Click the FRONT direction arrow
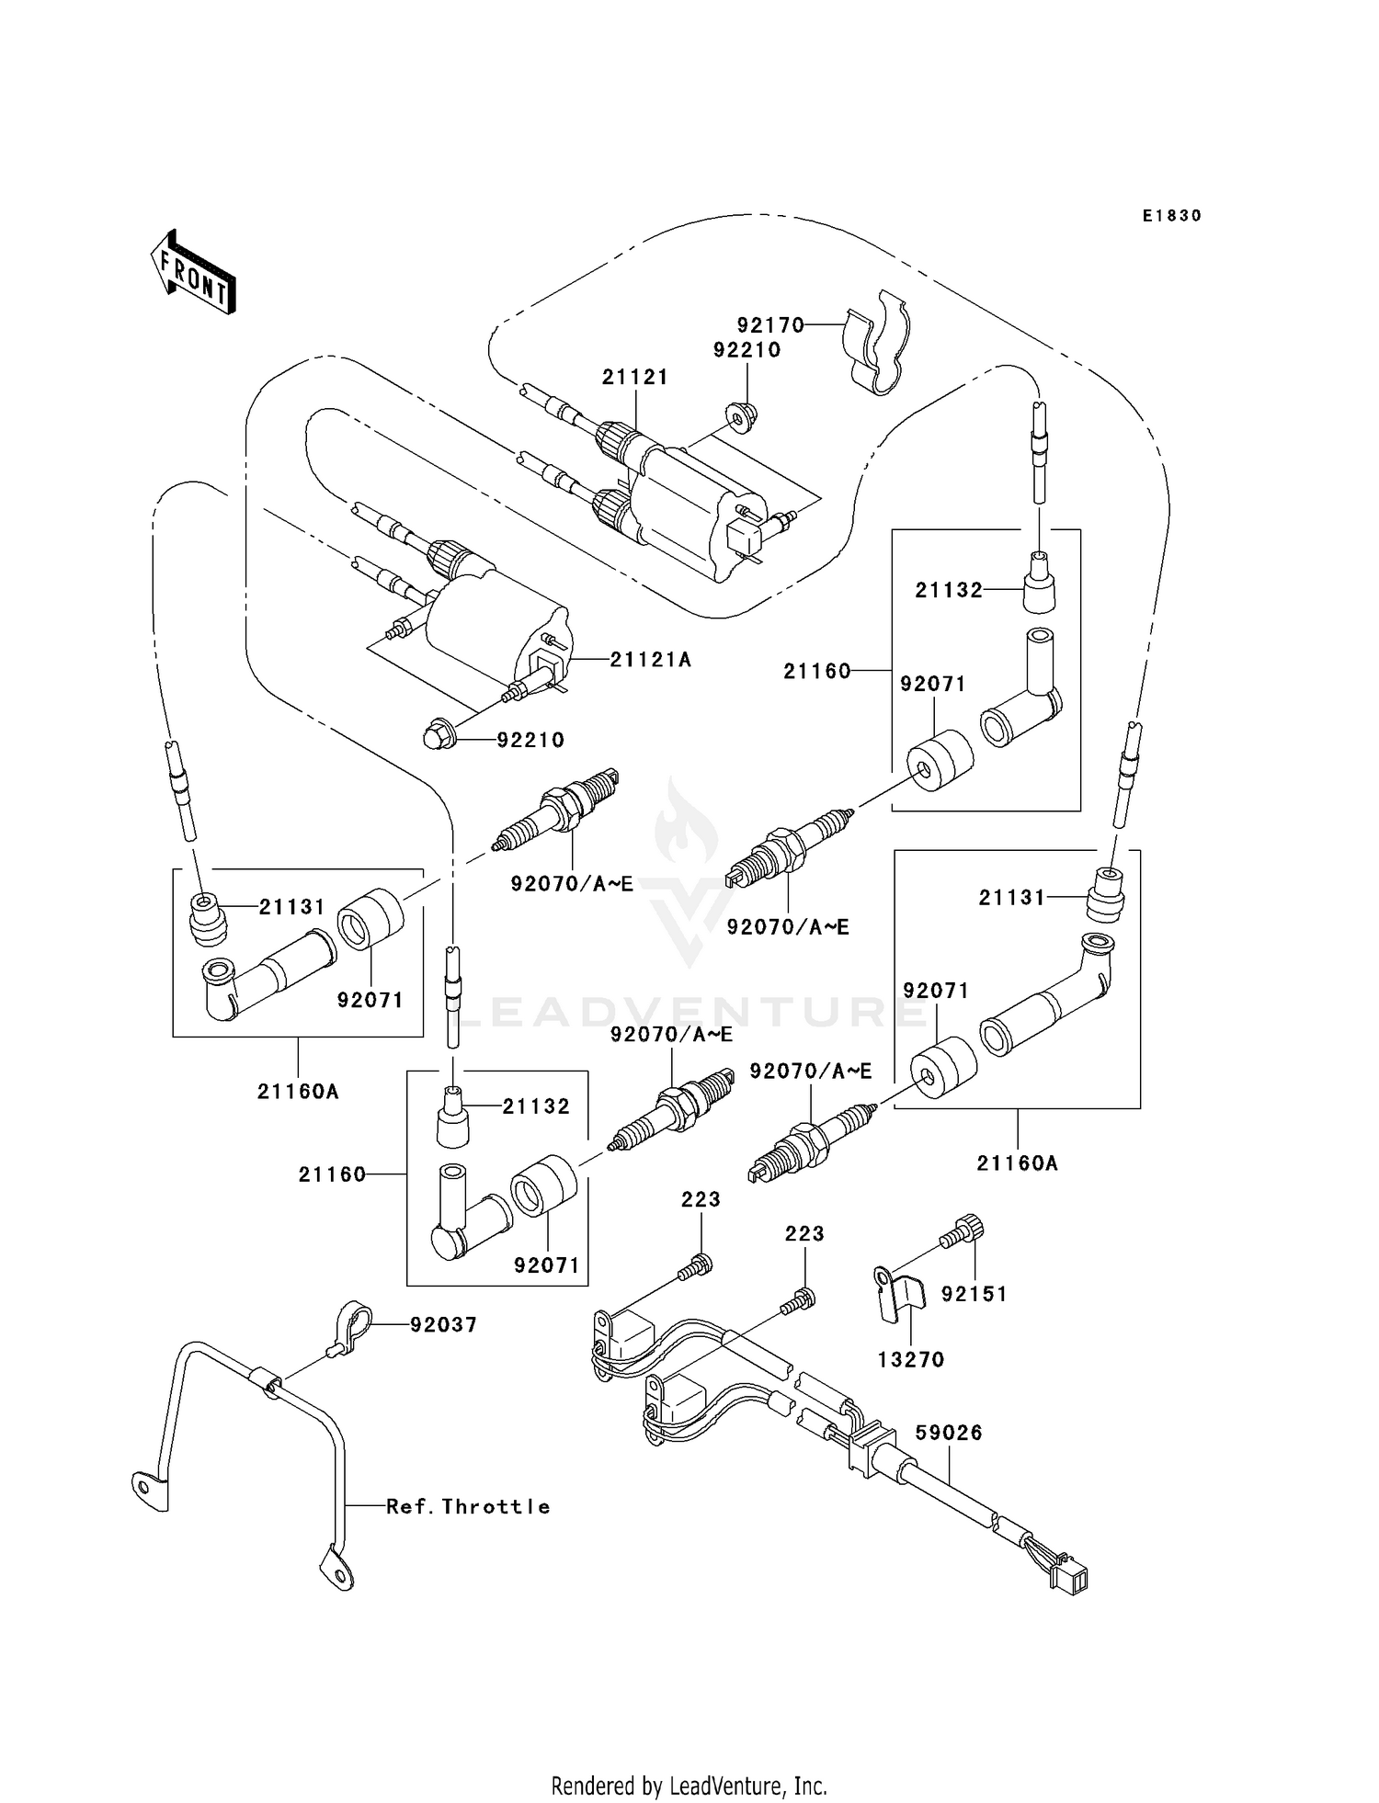tap(193, 274)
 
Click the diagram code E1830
tap(1172, 216)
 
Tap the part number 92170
tap(770, 325)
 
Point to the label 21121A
tap(651, 660)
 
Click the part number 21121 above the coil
tap(635, 377)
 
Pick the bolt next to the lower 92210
tap(435, 736)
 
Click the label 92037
tap(443, 1324)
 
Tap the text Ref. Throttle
tap(468, 1506)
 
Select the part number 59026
tap(949, 1433)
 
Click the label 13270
tap(911, 1359)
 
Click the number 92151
tap(974, 1294)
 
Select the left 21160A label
tap(298, 1092)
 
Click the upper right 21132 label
tap(949, 590)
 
